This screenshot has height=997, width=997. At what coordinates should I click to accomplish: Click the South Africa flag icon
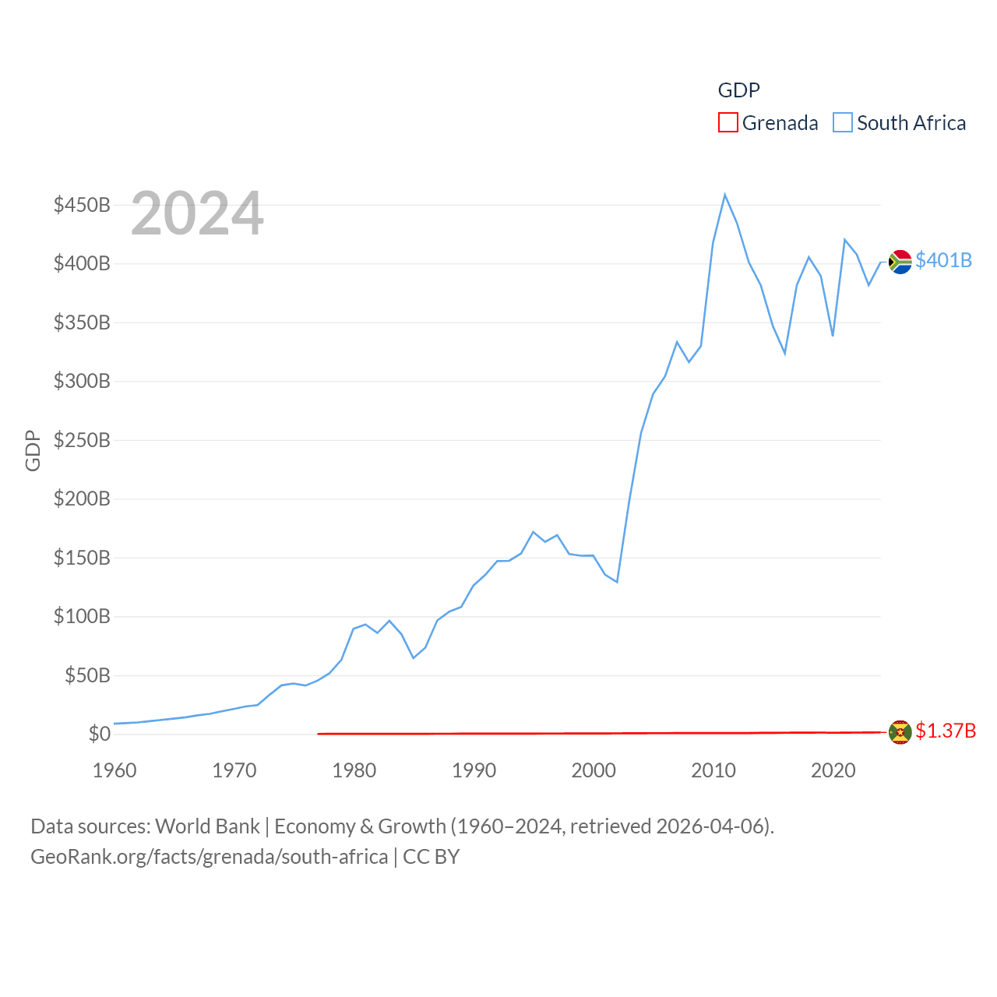click(x=900, y=262)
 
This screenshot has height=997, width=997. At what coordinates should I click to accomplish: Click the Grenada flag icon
click(x=900, y=732)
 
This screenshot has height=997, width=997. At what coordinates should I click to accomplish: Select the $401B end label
click(x=943, y=260)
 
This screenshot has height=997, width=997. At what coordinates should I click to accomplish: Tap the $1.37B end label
click(x=945, y=731)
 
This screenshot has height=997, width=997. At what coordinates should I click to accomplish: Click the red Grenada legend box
click(x=727, y=123)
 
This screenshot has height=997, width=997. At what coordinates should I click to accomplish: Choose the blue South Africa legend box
click(x=843, y=123)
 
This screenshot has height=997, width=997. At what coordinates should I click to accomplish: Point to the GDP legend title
click(x=738, y=90)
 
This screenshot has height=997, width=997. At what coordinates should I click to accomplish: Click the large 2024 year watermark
click(x=197, y=213)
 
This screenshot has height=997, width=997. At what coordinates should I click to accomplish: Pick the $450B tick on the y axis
click(x=82, y=205)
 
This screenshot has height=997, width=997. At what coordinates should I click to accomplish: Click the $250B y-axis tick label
click(x=82, y=440)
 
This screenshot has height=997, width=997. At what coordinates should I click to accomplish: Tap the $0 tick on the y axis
click(x=99, y=734)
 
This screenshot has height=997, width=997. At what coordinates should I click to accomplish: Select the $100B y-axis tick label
click(x=82, y=616)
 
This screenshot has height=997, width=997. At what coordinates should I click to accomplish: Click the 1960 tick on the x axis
click(x=114, y=770)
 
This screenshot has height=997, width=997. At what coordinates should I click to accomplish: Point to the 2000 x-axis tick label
click(x=594, y=770)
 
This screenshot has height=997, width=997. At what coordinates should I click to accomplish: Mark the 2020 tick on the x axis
click(x=833, y=770)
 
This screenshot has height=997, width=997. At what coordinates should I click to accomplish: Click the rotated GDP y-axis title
click(x=33, y=450)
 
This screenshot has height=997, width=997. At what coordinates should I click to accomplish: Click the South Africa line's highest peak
click(x=724, y=195)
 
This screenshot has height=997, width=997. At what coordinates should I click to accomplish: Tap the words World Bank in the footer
click(x=207, y=826)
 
